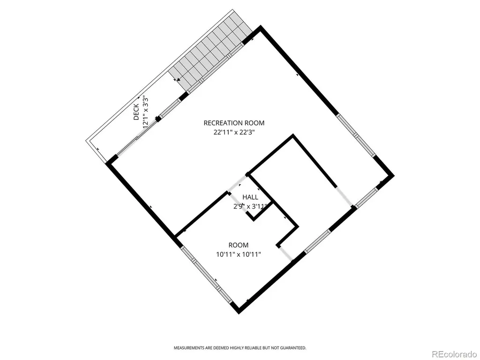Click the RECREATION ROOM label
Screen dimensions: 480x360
(234, 123)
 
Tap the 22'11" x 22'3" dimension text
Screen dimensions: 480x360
(234, 133)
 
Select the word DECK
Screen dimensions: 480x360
(136, 112)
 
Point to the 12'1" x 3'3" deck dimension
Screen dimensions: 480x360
(146, 112)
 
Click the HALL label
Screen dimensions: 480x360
(250, 197)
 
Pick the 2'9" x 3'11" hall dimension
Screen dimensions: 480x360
(250, 206)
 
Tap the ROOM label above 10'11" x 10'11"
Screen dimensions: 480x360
(239, 245)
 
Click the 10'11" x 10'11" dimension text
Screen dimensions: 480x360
(239, 255)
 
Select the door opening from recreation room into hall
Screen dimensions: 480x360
(238, 183)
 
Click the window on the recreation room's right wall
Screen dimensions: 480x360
(356, 135)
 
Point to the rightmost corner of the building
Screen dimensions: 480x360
(394, 176)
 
